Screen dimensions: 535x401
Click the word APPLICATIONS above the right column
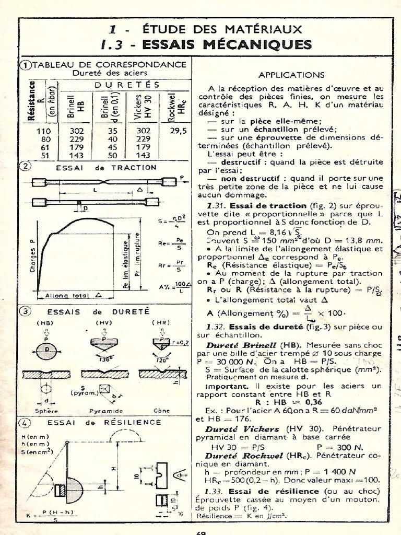(291, 75)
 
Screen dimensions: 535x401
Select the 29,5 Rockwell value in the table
(178, 131)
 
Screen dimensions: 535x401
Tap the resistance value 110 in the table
(44, 132)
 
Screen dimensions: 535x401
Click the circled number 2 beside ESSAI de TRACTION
(25, 167)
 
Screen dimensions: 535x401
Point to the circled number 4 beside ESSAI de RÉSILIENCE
(25, 422)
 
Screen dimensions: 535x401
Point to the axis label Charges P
(32, 256)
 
